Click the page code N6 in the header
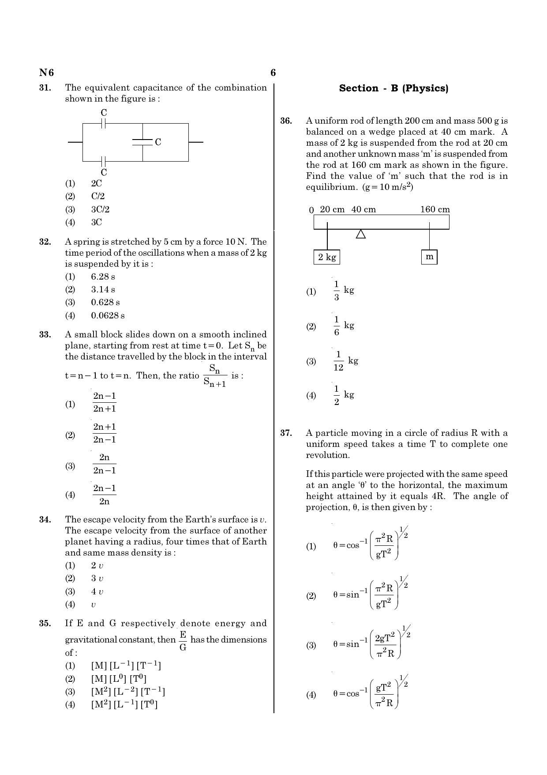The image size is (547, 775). tap(46, 73)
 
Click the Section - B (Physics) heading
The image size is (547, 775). tap(393, 88)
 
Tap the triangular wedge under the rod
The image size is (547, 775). tap(361, 234)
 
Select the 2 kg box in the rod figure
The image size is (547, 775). tap(327, 257)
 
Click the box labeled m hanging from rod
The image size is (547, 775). tap(429, 257)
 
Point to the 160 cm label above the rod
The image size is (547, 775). tap(435, 209)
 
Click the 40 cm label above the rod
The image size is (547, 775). tap(363, 209)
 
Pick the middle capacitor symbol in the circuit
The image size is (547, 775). tap(142, 142)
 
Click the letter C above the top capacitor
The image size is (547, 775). tap(104, 113)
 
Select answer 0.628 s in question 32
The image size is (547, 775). tap(105, 302)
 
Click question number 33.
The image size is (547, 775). tap(45, 335)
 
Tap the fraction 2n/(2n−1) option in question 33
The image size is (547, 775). tap(104, 464)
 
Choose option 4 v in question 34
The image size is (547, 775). tap(97, 592)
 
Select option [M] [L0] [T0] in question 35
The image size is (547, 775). tap(119, 679)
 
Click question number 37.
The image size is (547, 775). tap(286, 433)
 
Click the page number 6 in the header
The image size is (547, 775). tap(273, 73)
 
